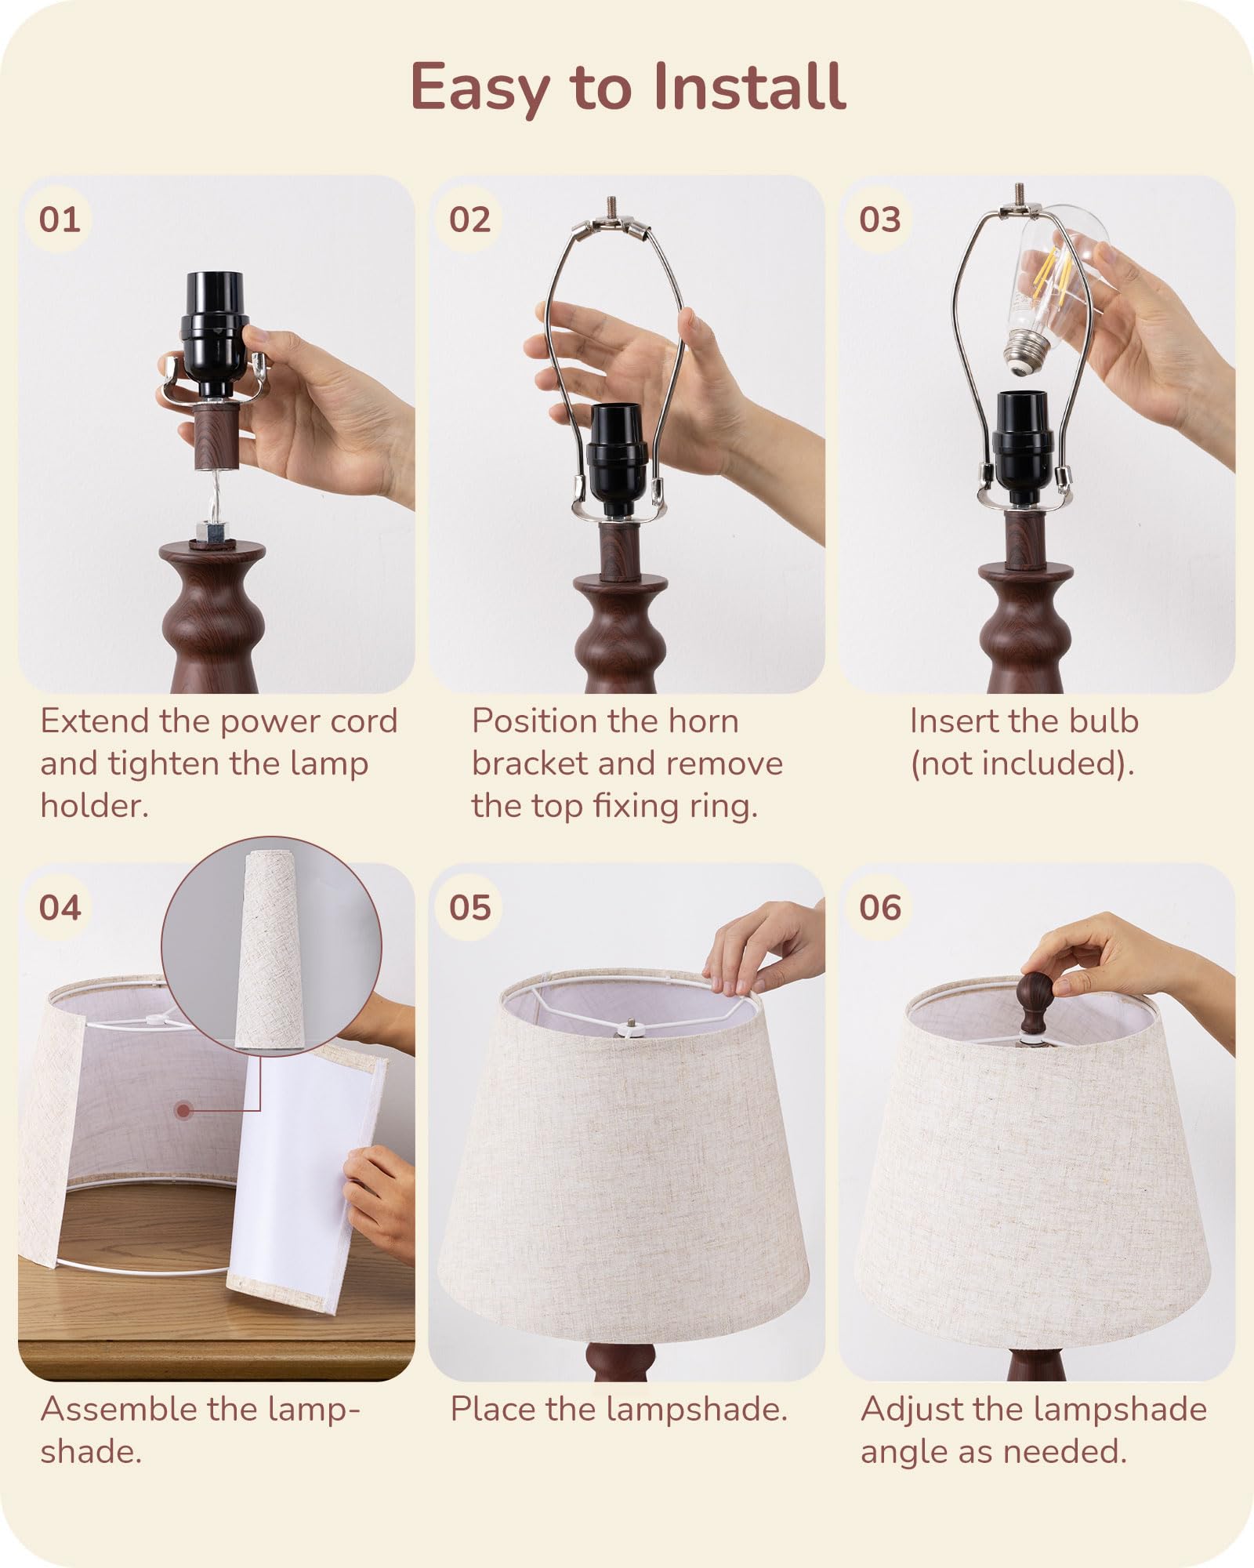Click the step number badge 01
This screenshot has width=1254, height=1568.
(60, 220)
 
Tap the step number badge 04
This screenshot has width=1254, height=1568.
(60, 908)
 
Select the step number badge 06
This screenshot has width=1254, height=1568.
(880, 908)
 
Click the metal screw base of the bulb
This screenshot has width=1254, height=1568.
(1024, 358)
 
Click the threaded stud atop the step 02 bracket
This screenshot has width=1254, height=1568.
(609, 208)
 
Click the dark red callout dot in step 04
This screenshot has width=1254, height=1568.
(184, 1110)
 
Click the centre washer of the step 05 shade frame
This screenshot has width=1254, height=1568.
(629, 1024)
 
